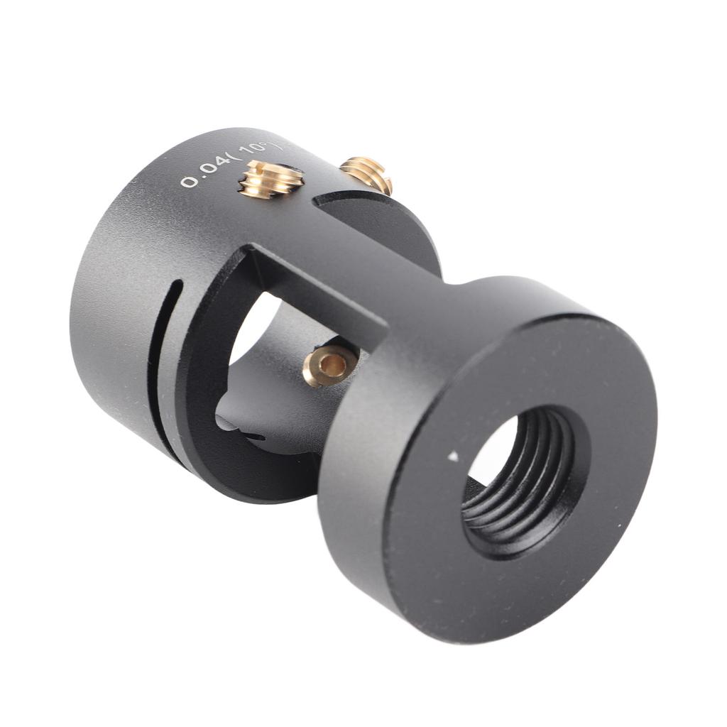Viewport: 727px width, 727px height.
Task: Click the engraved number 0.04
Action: pyautogui.click(x=207, y=173)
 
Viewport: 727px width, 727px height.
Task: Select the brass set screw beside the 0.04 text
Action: pyautogui.click(x=270, y=179)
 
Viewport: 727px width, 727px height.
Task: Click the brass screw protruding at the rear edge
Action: pyautogui.click(x=367, y=173)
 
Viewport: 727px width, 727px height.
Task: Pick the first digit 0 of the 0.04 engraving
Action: pyautogui.click(x=188, y=182)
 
